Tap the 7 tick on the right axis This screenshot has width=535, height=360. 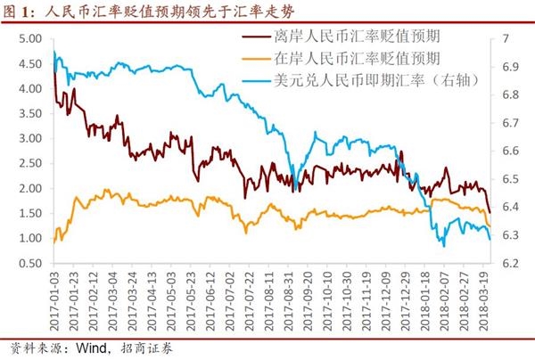507,40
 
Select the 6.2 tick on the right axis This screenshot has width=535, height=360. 511,264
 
